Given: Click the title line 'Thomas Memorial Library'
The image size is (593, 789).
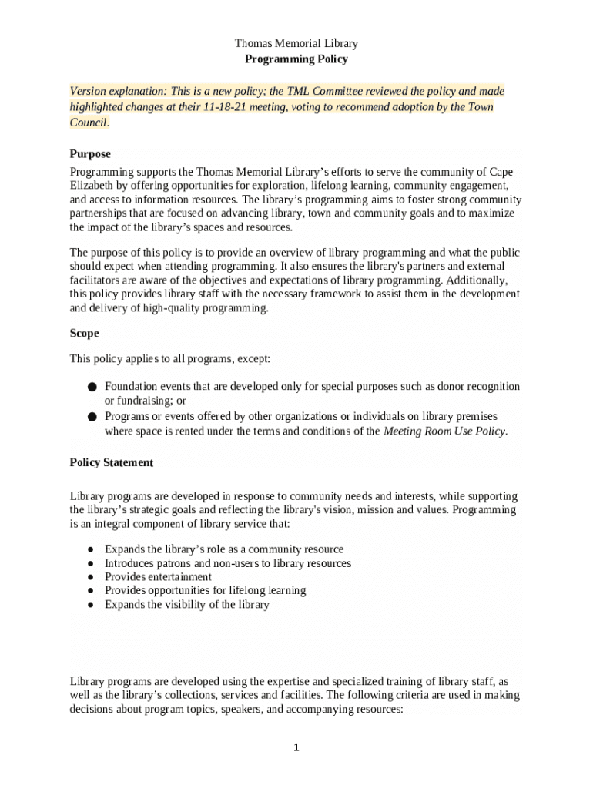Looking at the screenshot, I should click(x=296, y=44).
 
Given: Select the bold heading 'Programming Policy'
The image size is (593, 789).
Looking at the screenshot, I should click(x=296, y=59).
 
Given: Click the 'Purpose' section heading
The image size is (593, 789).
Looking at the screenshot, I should click(x=90, y=154).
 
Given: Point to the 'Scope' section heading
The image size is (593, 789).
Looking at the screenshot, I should click(x=84, y=334).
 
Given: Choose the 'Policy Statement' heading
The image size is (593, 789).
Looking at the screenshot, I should click(x=112, y=462).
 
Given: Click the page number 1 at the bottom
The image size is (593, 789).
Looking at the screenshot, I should click(x=296, y=747).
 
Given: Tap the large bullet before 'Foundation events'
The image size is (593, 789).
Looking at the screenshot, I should click(x=91, y=387).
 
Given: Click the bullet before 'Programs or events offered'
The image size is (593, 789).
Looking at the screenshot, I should click(x=91, y=417).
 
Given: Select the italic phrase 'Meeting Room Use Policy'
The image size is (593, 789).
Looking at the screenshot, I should click(x=444, y=431).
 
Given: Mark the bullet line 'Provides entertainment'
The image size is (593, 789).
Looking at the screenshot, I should click(x=158, y=577).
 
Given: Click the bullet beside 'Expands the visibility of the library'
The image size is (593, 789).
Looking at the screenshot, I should click(x=91, y=606).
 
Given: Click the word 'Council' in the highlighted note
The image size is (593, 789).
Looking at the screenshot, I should click(x=89, y=123).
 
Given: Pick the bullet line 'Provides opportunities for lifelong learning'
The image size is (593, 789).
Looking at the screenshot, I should click(x=205, y=591).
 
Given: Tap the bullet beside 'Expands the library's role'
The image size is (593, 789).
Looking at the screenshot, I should click(x=91, y=550).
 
